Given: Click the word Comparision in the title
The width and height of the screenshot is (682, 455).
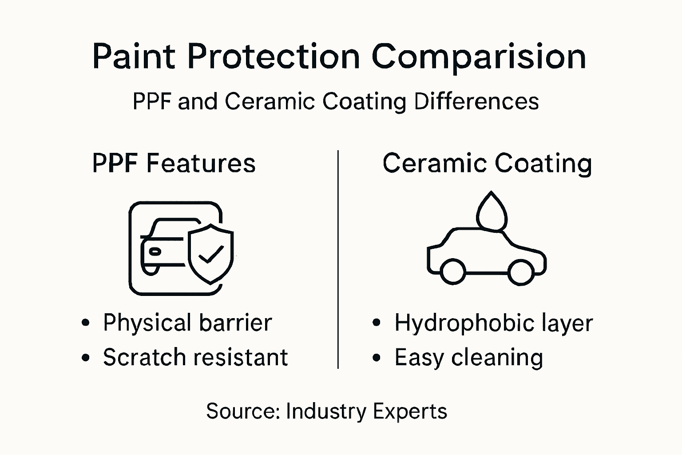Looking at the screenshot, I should (479, 57).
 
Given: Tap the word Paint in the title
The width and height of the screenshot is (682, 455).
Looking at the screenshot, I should (133, 57).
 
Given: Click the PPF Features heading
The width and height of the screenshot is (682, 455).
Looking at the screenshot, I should (174, 163).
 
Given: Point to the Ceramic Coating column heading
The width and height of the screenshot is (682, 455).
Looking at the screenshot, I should (487, 163).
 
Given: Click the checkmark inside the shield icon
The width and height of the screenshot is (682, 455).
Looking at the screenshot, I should (210, 255).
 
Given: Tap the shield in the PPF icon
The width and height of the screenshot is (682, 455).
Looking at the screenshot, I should (210, 253).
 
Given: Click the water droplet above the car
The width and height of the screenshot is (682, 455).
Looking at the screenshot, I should (492, 212).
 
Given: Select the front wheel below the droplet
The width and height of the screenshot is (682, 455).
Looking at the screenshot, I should (520, 271).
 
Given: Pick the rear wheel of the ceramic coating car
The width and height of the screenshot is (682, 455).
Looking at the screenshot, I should (453, 271).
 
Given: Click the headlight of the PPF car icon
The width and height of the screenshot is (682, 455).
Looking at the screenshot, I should (155, 251).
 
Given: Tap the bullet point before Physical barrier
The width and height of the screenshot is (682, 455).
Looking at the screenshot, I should (86, 323).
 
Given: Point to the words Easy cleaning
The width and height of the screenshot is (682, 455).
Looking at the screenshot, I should (468, 358).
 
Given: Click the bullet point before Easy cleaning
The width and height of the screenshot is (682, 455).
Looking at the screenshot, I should (377, 358).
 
